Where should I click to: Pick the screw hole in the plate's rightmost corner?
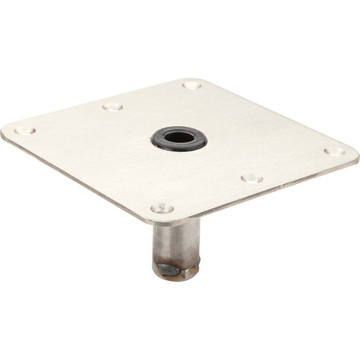coord(334,151)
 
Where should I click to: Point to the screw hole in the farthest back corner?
coord(192,85)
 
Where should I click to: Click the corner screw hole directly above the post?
coord(162,208)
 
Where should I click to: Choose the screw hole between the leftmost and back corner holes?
coord(112,107)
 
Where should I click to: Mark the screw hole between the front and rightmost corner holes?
coord(251,178)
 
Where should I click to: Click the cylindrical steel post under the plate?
coord(175,240)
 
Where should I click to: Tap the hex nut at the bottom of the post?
coord(171,269)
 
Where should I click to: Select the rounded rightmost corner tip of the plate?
coord(356,157)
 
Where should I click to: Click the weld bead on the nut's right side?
coord(191,264)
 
